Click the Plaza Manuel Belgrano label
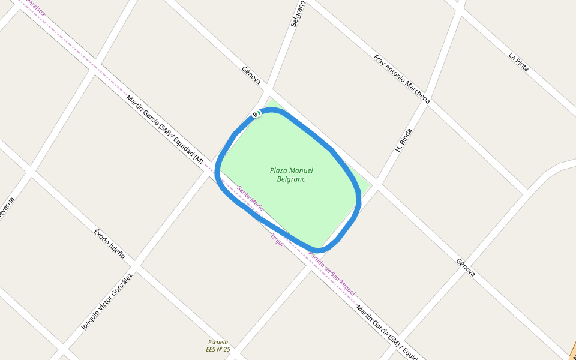coord(292,175)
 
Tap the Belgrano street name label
coord(298,13)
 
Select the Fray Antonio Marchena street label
coord(401,79)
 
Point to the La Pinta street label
coord(518,62)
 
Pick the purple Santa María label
coord(250,199)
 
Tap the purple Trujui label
coord(277,240)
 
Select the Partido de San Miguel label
coord(331,273)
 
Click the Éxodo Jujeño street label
coord(109,243)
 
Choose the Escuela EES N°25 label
coord(218,346)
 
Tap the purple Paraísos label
coord(35,7)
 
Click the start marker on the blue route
coord(256,114)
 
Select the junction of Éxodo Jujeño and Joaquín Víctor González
coord(136,265)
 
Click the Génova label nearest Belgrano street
coord(251,74)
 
